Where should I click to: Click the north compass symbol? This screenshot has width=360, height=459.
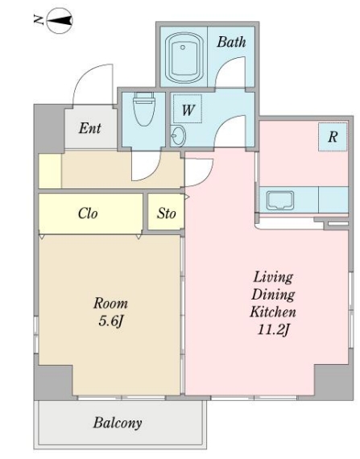(x=60, y=20)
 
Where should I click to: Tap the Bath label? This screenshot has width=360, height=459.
(x=231, y=42)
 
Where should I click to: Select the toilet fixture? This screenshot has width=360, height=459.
(x=143, y=109)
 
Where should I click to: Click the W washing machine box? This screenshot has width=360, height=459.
(x=188, y=109)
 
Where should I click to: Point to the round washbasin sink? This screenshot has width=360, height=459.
(x=179, y=136)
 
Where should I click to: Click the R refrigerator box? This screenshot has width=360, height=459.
(x=333, y=137)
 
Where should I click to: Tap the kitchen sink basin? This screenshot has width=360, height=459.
(x=280, y=201)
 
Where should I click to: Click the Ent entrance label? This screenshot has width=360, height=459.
(x=90, y=128)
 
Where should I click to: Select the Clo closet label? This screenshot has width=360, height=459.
(x=88, y=213)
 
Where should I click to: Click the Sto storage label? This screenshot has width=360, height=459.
(x=167, y=213)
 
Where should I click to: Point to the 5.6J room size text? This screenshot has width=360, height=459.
(x=110, y=321)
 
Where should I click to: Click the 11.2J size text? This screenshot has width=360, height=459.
(x=273, y=330)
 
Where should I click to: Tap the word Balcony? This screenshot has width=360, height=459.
(x=118, y=423)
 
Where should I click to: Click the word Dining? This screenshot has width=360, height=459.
(x=273, y=295)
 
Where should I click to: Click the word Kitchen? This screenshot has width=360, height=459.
(x=273, y=312)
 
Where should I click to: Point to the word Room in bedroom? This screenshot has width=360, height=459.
(x=110, y=304)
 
